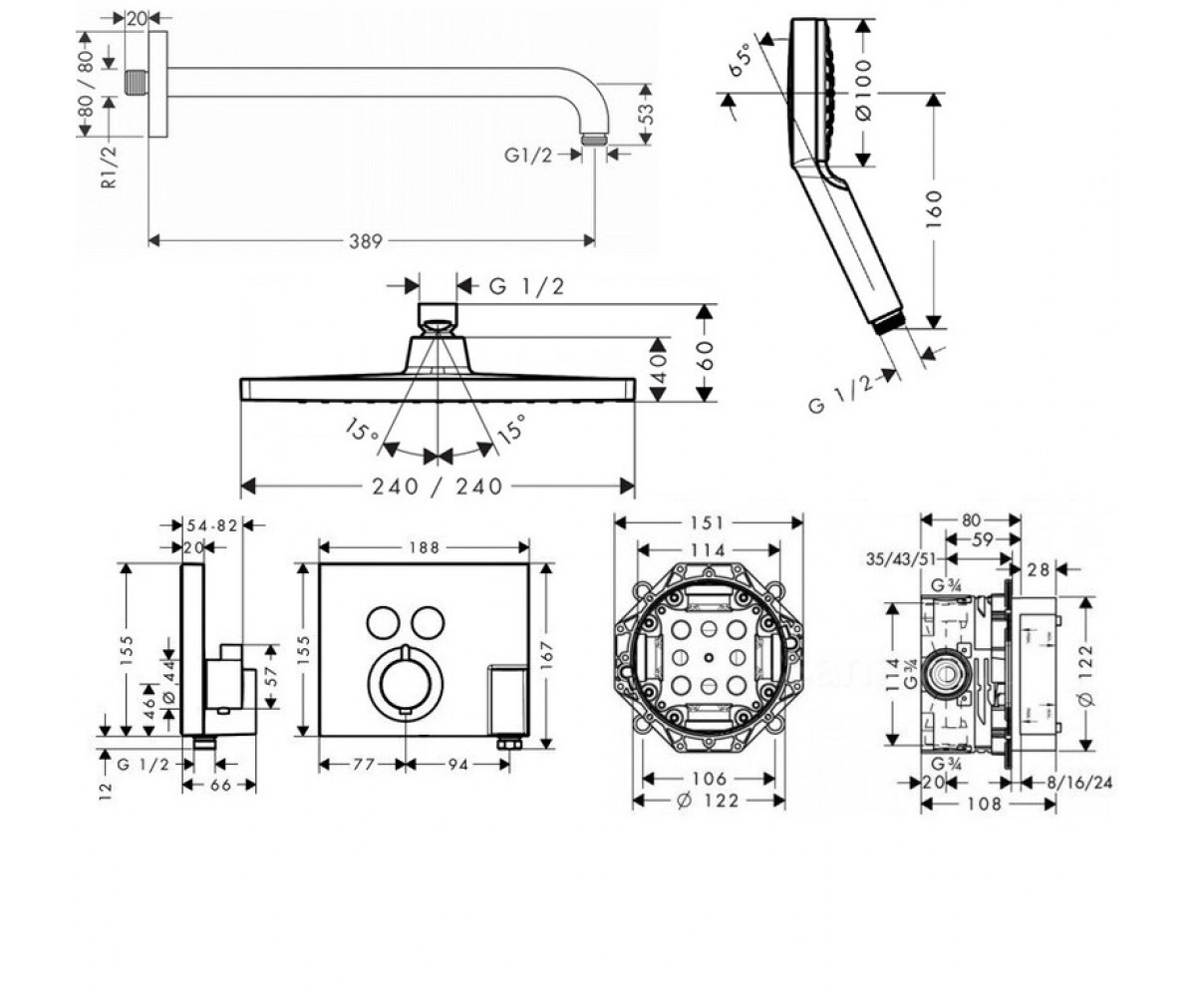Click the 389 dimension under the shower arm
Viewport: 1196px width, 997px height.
[x=366, y=241]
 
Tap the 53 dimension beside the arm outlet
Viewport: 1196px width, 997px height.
[x=646, y=114]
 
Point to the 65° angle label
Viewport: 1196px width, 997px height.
[x=740, y=61]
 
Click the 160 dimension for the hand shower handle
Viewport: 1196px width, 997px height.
[x=934, y=209]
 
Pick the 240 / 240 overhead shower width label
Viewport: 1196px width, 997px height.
[x=438, y=488]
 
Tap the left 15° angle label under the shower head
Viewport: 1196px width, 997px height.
[x=361, y=429]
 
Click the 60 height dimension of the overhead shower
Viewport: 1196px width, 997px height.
[x=706, y=355]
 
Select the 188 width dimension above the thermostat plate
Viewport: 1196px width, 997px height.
[x=424, y=547]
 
